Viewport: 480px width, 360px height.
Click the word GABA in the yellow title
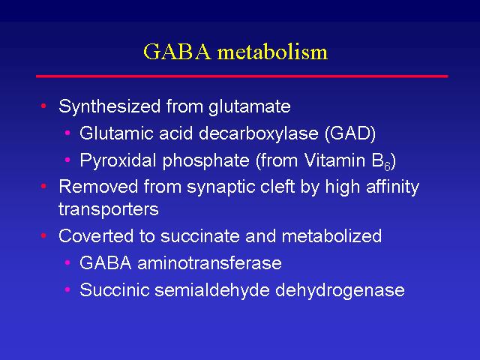[178, 52]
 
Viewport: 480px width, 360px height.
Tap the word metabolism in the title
[272, 52]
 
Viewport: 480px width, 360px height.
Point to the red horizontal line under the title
[241, 76]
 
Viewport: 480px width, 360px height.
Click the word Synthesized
[109, 106]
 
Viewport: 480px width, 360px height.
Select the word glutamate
[250, 106]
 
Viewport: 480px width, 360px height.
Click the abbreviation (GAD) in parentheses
[350, 133]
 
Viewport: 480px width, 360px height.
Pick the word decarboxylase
[259, 133]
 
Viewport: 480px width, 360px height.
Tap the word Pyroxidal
[118, 160]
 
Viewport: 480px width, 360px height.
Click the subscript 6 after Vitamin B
[387, 166]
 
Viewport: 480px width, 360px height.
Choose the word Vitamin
[335, 160]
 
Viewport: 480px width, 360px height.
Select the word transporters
[109, 210]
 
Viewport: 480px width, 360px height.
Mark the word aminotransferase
[210, 263]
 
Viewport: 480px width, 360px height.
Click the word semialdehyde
[212, 289]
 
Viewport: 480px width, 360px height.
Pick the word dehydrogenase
[340, 289]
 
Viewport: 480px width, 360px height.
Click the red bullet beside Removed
[43, 186]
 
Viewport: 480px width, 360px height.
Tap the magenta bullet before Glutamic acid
[67, 133]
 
